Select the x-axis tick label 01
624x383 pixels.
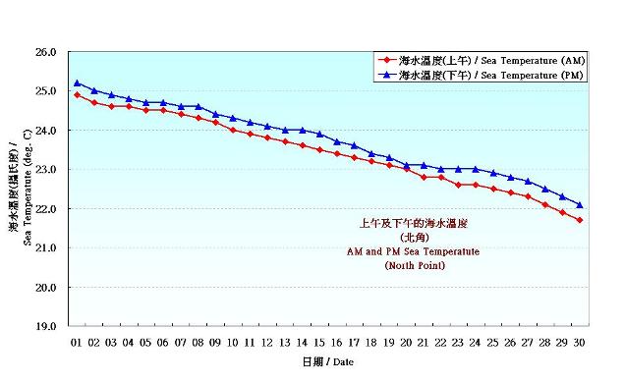[x=77, y=343]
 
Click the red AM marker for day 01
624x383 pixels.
[x=78, y=94]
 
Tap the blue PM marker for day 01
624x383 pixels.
[x=78, y=82]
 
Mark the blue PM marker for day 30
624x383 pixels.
[x=579, y=204]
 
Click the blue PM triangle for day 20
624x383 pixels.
[x=406, y=165]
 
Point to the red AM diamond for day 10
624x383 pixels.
[x=233, y=130]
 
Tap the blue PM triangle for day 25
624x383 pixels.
[x=492, y=173]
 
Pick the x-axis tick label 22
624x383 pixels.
[x=440, y=343]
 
